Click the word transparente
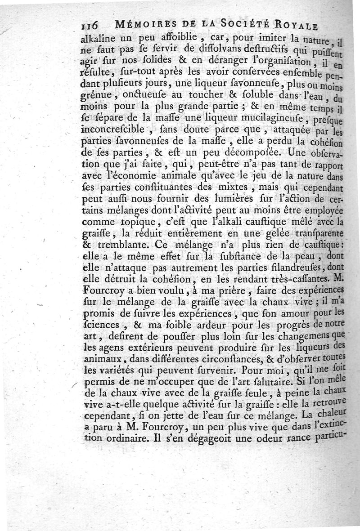pyautogui.click(x=313, y=234)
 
